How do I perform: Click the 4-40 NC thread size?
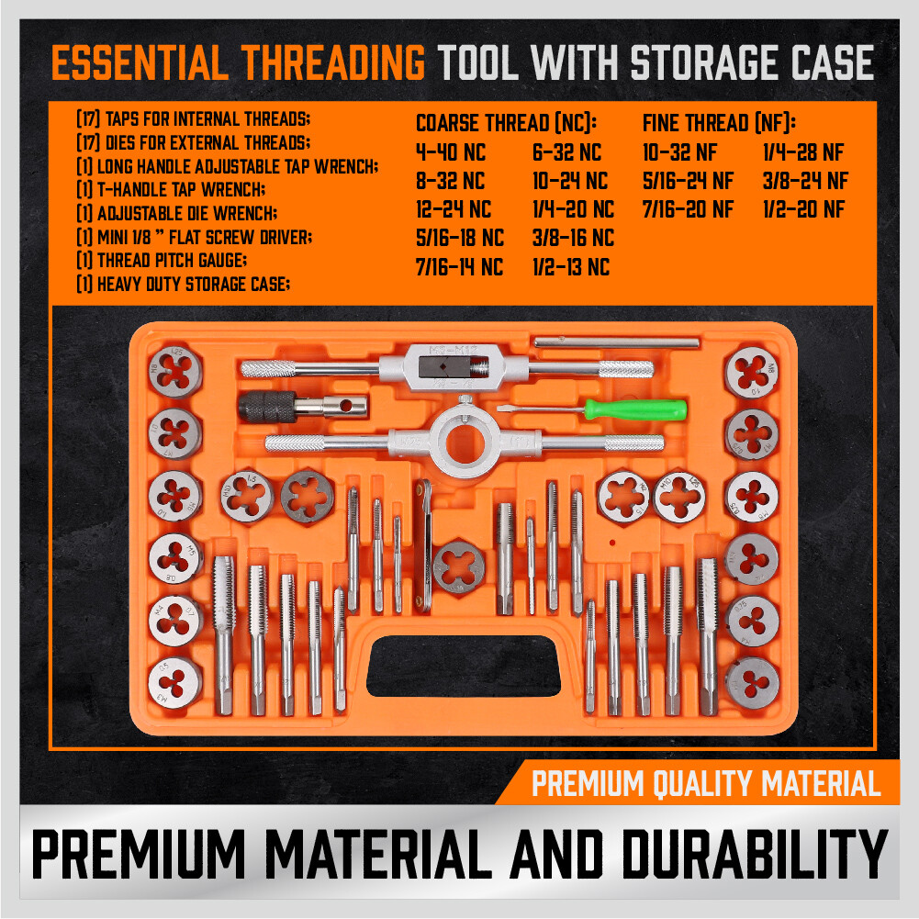pyautogui.click(x=450, y=152)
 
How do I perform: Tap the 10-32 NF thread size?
pyautogui.click(x=680, y=152)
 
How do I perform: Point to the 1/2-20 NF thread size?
pyautogui.click(x=804, y=209)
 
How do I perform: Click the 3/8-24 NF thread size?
pyautogui.click(x=806, y=181)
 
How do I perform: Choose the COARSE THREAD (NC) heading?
pyautogui.click(x=506, y=123)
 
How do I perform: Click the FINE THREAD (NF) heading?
pyautogui.click(x=719, y=123)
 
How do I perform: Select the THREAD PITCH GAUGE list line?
pyautogui.click(x=162, y=261)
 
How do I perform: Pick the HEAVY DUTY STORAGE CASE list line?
pyautogui.click(x=183, y=285)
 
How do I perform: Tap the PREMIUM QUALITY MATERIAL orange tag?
pyautogui.click(x=705, y=784)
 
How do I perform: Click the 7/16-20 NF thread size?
pyautogui.click(x=688, y=209)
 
